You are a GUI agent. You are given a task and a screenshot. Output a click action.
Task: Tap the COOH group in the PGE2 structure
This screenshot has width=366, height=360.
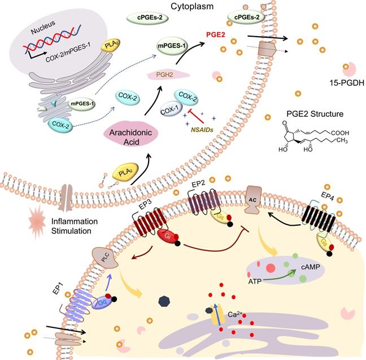tap(338, 133)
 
